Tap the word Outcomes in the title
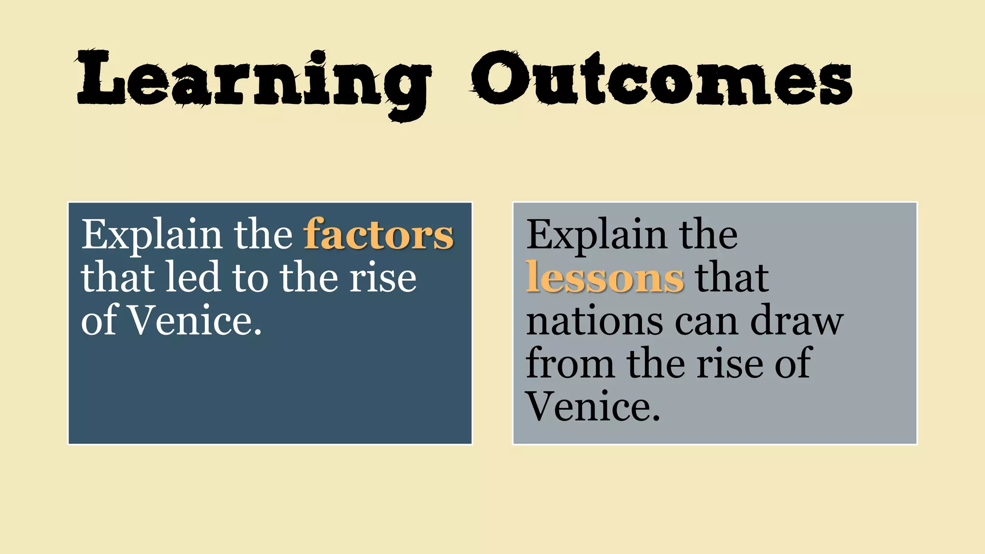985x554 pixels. (662, 79)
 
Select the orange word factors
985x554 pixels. (379, 235)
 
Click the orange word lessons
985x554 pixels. (605, 278)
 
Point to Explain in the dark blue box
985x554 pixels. (151, 235)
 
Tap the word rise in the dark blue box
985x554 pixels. (382, 278)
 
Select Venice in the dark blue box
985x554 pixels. (195, 321)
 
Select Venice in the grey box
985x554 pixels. (593, 406)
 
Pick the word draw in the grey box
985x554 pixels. (796, 321)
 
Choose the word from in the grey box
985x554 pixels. (570, 364)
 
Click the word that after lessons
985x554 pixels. (732, 278)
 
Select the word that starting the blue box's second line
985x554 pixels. (117, 277)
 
